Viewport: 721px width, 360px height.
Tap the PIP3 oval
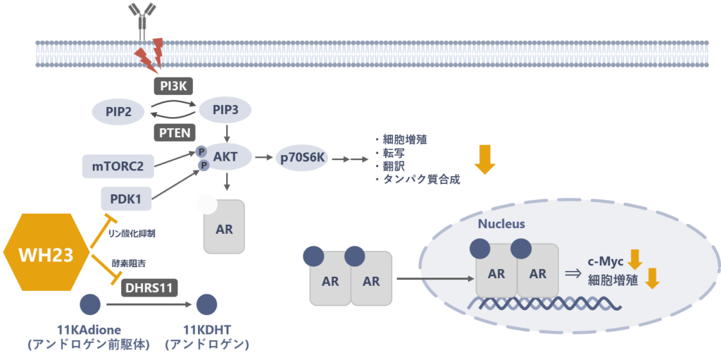click(x=225, y=110)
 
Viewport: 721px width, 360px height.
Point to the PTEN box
click(x=173, y=132)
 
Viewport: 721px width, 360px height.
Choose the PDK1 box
click(x=126, y=199)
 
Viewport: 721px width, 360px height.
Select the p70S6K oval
click(x=301, y=158)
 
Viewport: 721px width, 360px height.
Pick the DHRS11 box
click(x=149, y=287)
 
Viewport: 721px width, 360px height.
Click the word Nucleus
click(x=501, y=224)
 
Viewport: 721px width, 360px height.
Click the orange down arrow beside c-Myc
click(x=635, y=260)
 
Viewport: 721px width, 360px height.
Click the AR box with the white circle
click(x=224, y=226)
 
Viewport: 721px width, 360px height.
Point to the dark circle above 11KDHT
click(x=206, y=304)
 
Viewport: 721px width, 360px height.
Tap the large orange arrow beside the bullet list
click(x=485, y=159)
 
